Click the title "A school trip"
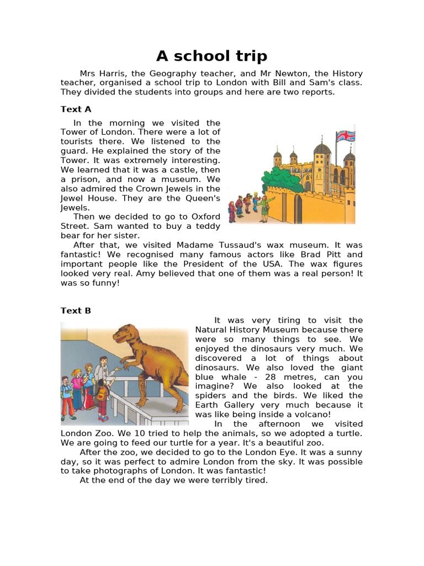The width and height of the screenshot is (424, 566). point(211,56)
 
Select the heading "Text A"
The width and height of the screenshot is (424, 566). point(76,109)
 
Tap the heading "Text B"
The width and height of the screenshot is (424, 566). point(76,311)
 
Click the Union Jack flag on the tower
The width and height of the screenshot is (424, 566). point(346,136)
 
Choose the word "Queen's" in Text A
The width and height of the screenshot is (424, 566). point(205,198)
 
